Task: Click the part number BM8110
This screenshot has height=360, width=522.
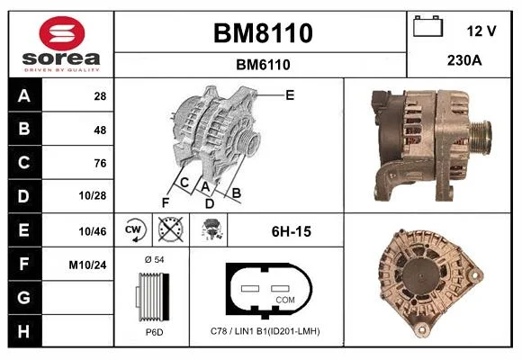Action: coord(263,33)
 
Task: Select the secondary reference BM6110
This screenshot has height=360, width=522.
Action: coord(263,65)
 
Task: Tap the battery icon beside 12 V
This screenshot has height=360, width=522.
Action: coord(427,26)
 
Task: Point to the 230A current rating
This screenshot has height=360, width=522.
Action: coord(464,60)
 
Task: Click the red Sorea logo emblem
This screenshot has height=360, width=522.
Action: coord(62,33)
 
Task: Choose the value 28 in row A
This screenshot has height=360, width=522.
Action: coord(100,96)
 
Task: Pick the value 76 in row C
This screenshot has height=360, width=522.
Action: coord(100,163)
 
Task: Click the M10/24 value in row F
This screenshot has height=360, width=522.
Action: coord(87,265)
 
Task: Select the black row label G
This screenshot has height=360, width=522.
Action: coord(24,297)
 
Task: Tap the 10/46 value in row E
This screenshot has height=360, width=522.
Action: coord(93,231)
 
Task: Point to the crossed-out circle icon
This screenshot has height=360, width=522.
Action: coord(170,229)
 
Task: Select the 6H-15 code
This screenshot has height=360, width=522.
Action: coord(292,231)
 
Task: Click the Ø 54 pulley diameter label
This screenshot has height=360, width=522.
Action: coord(155,259)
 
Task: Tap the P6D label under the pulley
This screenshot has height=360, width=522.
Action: coord(155,332)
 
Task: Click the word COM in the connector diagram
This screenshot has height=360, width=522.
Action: coord(285,300)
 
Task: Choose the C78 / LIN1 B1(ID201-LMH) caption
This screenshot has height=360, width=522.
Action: coord(265,331)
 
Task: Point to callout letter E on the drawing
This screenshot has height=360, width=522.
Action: coord(290,95)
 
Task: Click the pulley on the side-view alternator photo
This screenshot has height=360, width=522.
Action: coord(481,138)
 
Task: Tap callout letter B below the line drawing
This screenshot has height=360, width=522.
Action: coord(236,193)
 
